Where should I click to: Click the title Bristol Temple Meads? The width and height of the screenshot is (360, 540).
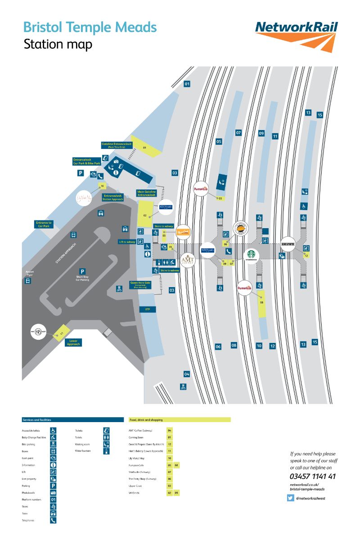point(90,27)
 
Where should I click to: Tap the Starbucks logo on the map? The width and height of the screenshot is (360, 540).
point(250,255)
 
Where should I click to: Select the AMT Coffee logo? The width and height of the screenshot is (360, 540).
point(187,260)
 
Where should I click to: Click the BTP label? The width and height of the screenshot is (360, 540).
point(147,310)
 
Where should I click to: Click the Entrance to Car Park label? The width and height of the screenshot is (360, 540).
point(44,224)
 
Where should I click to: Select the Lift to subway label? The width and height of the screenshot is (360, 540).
point(127,242)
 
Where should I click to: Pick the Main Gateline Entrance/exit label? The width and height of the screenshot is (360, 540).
point(146,193)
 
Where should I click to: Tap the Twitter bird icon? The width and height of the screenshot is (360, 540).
point(290,498)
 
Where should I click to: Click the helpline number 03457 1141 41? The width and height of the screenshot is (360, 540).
point(313,476)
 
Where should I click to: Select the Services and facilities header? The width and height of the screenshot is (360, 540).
point(36,419)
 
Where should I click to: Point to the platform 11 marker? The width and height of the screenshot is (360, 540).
point(275,136)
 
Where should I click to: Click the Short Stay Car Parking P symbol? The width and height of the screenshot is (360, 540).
point(82,271)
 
